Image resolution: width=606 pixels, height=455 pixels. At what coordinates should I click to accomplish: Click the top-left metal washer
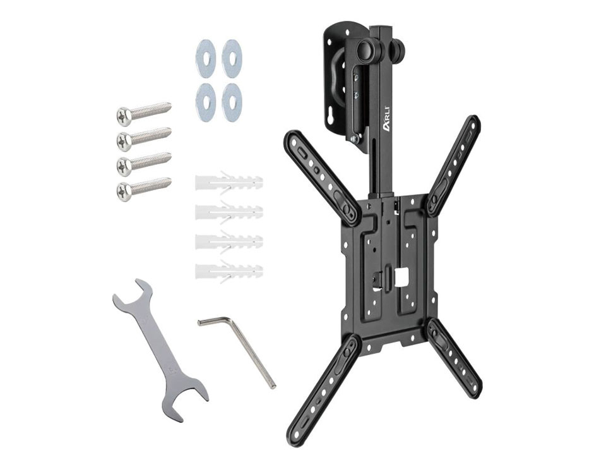point(205,59)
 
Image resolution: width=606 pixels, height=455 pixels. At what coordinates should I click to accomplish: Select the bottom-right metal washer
point(232,102)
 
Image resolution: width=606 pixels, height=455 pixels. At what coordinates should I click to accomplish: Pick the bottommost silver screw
point(143,188)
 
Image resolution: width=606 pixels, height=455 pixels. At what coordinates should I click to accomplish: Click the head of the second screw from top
point(124,141)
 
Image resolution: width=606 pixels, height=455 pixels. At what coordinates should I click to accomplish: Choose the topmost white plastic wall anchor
point(229,182)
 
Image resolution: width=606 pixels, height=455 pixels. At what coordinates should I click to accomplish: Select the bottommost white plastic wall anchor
point(229,271)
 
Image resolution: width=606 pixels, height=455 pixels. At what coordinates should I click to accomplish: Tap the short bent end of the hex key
point(214,321)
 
